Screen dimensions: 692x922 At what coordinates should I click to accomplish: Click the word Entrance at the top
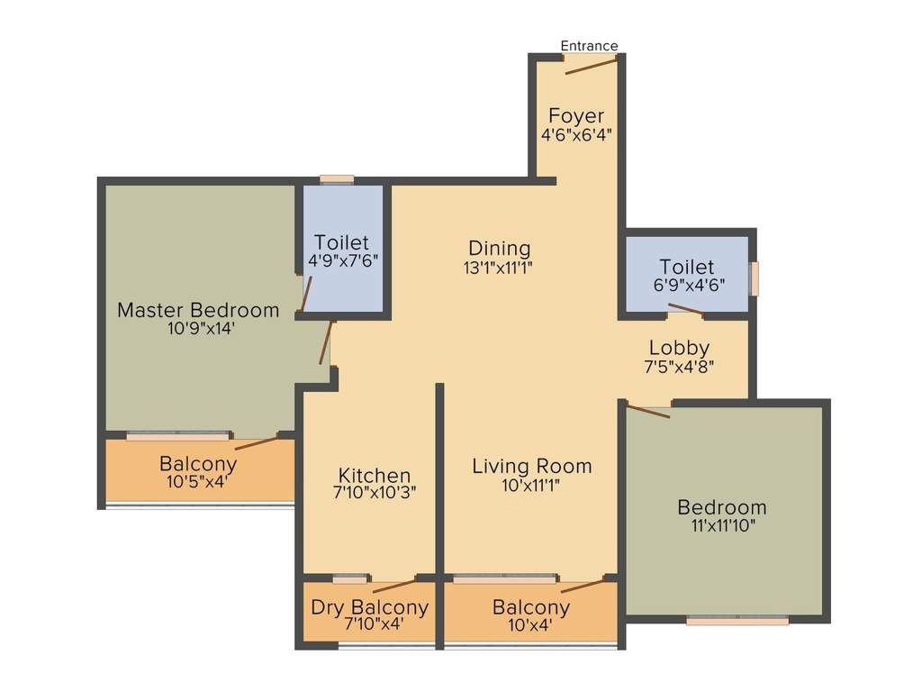[589, 46]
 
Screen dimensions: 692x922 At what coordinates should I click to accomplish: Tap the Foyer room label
[576, 116]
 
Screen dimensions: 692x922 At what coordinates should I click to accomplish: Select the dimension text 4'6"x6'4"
[576, 135]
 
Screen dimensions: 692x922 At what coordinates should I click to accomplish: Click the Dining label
[500, 248]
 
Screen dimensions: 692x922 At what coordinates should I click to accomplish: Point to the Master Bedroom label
[198, 310]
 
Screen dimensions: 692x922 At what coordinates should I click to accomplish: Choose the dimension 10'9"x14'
[199, 329]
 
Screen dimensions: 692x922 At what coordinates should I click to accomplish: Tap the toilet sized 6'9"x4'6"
[687, 276]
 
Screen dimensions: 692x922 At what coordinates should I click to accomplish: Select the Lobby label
[680, 348]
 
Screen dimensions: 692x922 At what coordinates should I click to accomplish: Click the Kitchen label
[375, 475]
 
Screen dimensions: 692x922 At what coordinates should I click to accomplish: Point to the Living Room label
[532, 466]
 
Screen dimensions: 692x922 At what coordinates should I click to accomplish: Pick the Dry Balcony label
[369, 607]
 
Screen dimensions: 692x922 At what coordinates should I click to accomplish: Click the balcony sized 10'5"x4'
[198, 473]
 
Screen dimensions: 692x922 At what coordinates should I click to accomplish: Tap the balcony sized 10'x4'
[531, 616]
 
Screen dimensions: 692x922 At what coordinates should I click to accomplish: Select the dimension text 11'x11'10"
[722, 526]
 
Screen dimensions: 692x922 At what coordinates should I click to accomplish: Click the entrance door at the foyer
[591, 61]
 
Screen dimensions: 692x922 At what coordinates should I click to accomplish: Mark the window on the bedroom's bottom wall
[737, 620]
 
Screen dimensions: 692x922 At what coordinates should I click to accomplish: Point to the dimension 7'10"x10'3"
[375, 493]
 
